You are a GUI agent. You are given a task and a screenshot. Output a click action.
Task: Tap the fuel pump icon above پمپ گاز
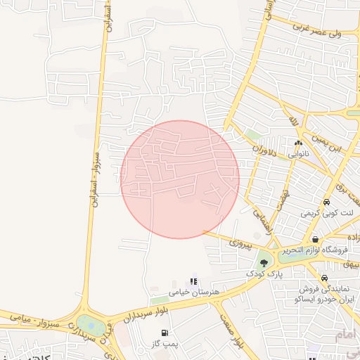pyautogui.click(x=165, y=333)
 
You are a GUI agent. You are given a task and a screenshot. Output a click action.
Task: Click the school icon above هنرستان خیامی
pyautogui.click(x=193, y=281)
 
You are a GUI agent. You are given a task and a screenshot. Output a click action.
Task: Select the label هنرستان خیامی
pyautogui.click(x=195, y=291)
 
